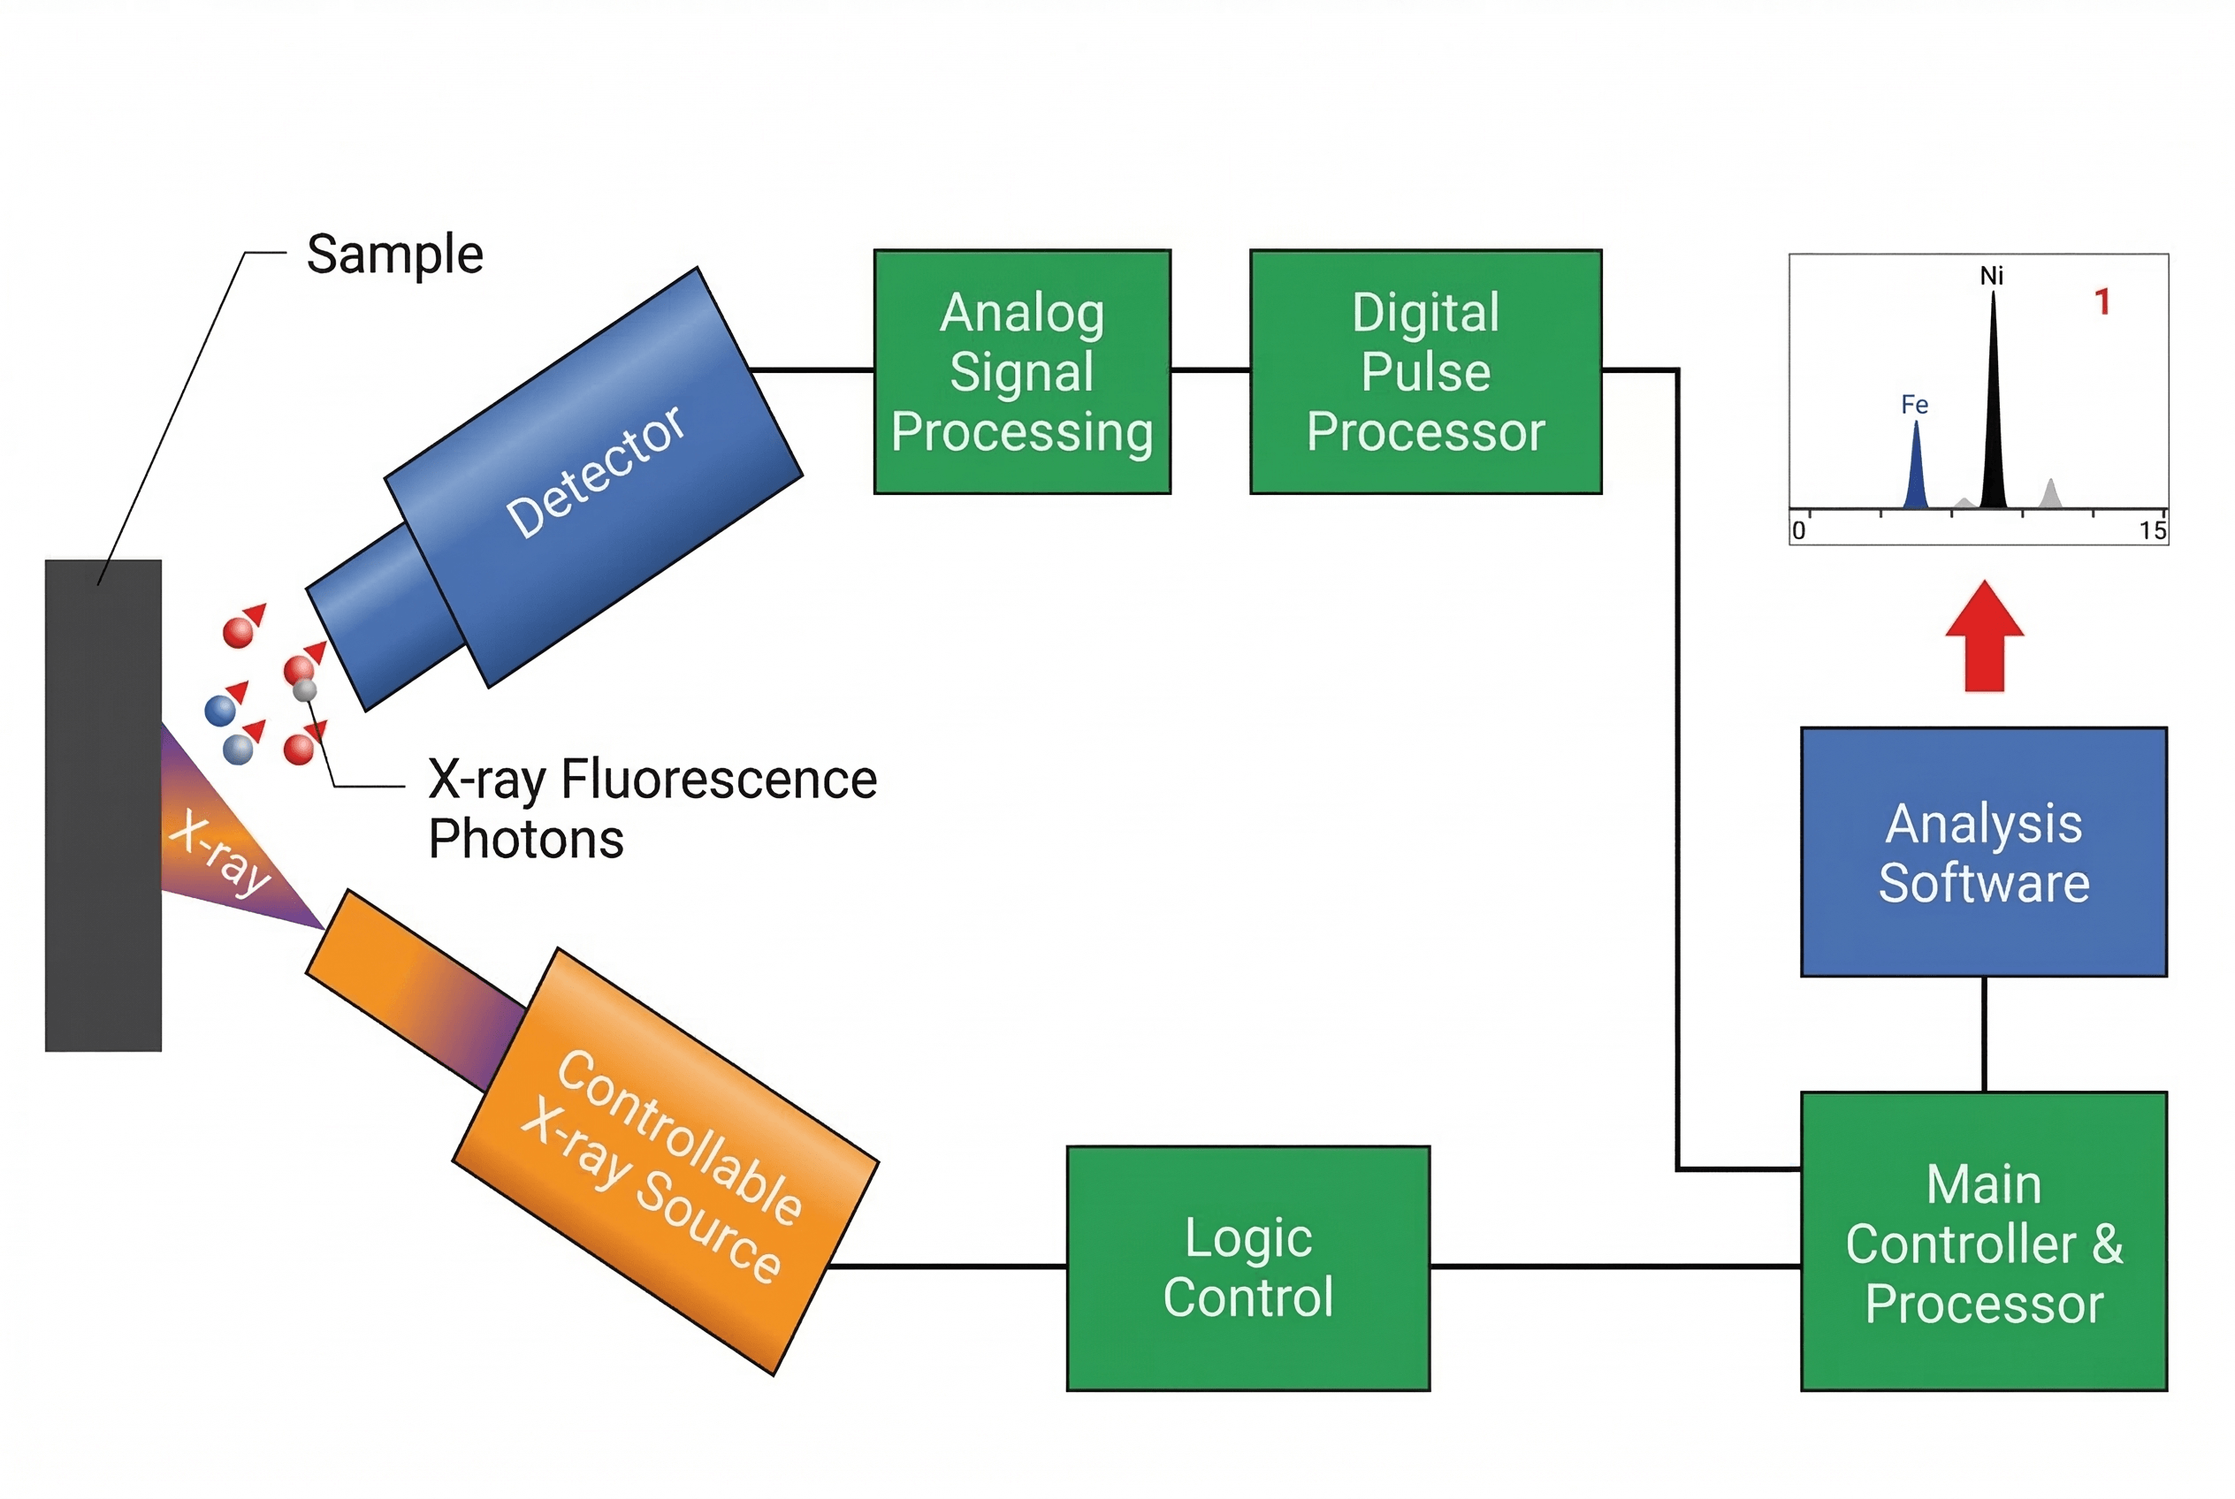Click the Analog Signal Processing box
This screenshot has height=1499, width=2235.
pos(1021,372)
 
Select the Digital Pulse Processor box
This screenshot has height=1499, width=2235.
pos(1425,372)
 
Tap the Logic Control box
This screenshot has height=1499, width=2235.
pos(1247,1267)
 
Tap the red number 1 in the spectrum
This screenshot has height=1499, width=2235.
pos(2102,302)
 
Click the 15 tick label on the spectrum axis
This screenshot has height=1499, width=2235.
pos(2152,530)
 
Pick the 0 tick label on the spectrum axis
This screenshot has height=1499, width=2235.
pos(1798,530)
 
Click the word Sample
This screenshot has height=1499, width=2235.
pos(394,255)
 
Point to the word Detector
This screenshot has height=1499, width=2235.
pos(595,470)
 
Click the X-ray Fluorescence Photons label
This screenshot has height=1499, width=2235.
pos(651,808)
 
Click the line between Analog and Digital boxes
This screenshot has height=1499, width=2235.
pos(1209,370)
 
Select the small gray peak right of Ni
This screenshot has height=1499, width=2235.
pos(2050,495)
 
